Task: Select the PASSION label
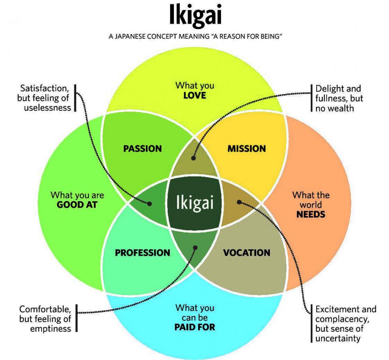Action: click(x=142, y=149)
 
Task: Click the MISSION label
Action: click(x=247, y=149)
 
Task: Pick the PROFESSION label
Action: click(x=142, y=253)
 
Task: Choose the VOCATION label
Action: click(x=247, y=253)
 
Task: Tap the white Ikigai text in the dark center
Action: click(x=194, y=202)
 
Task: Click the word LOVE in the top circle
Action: click(x=194, y=95)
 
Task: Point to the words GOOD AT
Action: click(x=77, y=204)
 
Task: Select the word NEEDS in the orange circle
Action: click(x=311, y=214)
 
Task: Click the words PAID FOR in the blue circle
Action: click(x=194, y=327)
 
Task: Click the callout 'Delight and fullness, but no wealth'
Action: click(x=338, y=98)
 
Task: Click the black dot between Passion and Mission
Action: click(x=194, y=158)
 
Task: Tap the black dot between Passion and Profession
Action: click(x=150, y=203)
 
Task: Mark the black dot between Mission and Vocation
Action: click(x=239, y=202)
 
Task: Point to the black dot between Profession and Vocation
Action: click(x=195, y=247)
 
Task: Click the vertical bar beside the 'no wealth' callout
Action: click(x=312, y=98)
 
